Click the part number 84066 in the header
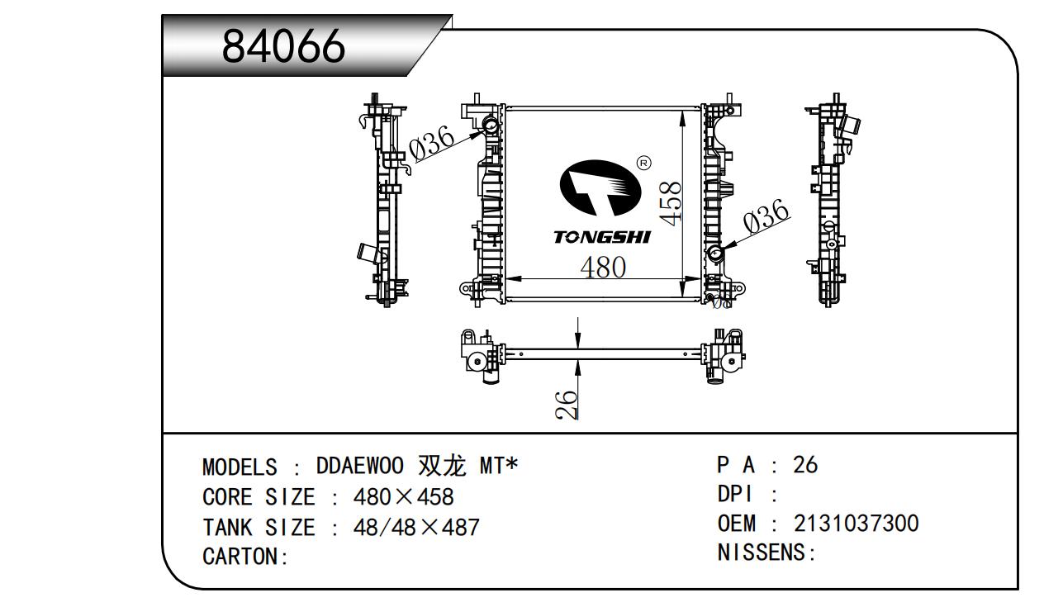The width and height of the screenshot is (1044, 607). click(x=283, y=45)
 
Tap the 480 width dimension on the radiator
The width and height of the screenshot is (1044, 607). click(x=603, y=267)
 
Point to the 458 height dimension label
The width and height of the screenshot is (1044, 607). click(x=671, y=204)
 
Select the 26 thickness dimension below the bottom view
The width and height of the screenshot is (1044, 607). click(x=567, y=405)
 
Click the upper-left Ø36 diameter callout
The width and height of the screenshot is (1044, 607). click(x=432, y=142)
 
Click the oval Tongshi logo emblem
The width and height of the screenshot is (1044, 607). click(x=600, y=187)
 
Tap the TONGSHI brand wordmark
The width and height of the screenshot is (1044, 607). click(x=602, y=237)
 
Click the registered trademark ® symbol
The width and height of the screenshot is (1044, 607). click(x=643, y=163)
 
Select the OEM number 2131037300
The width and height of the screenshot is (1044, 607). click(x=857, y=523)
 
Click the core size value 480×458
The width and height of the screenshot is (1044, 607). click(x=403, y=496)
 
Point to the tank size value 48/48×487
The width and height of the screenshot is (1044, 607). click(x=416, y=528)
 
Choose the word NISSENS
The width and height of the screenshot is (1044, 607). click(x=762, y=552)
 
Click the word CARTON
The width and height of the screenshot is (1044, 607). click(x=240, y=557)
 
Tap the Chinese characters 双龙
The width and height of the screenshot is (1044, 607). click(x=443, y=466)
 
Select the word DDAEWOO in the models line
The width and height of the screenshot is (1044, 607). click(x=360, y=466)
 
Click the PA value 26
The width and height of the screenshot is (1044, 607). click(x=805, y=464)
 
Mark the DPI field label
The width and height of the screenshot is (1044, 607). click(x=734, y=494)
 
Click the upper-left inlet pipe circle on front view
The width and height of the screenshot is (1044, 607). click(x=491, y=125)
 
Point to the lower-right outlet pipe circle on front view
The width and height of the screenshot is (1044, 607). click(x=715, y=254)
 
